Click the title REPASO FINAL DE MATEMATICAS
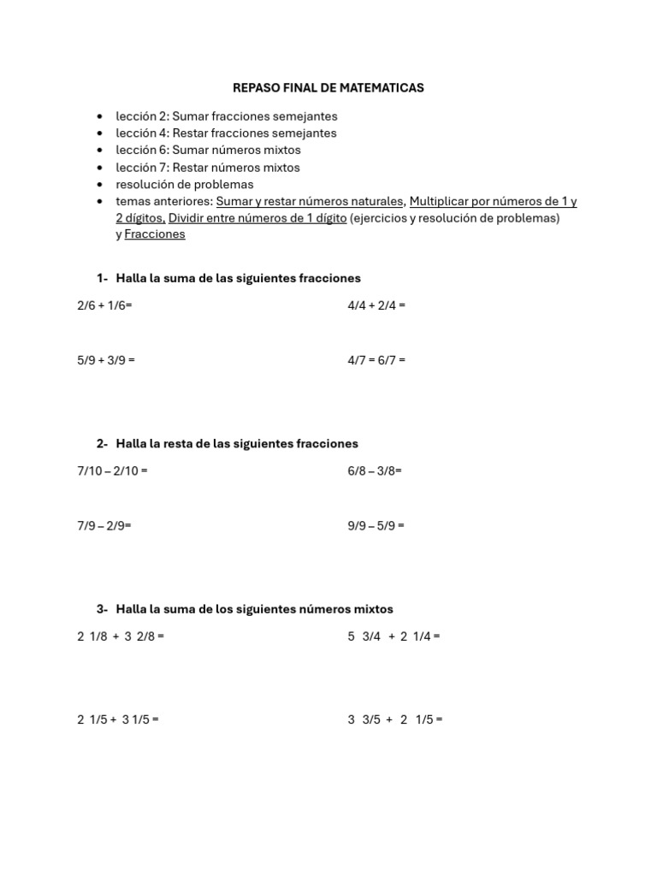(x=328, y=88)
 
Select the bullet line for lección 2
(x=227, y=116)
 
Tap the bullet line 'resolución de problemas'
(x=185, y=185)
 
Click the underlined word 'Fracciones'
(x=155, y=234)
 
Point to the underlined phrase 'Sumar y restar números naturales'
(x=310, y=202)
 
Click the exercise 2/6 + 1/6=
(x=104, y=305)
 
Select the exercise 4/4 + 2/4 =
(x=376, y=305)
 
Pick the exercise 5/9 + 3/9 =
(x=106, y=360)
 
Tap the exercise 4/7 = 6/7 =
(x=376, y=360)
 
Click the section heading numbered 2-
(x=228, y=443)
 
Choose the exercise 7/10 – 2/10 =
(x=112, y=471)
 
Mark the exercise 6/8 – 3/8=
(x=375, y=471)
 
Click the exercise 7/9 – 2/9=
(x=104, y=525)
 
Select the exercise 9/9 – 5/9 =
(x=376, y=525)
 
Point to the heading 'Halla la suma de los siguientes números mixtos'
(x=254, y=609)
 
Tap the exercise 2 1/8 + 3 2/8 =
(x=121, y=636)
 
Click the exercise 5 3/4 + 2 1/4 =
(x=394, y=636)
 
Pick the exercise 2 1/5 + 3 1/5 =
(x=118, y=719)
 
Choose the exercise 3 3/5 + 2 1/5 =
(x=395, y=719)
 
